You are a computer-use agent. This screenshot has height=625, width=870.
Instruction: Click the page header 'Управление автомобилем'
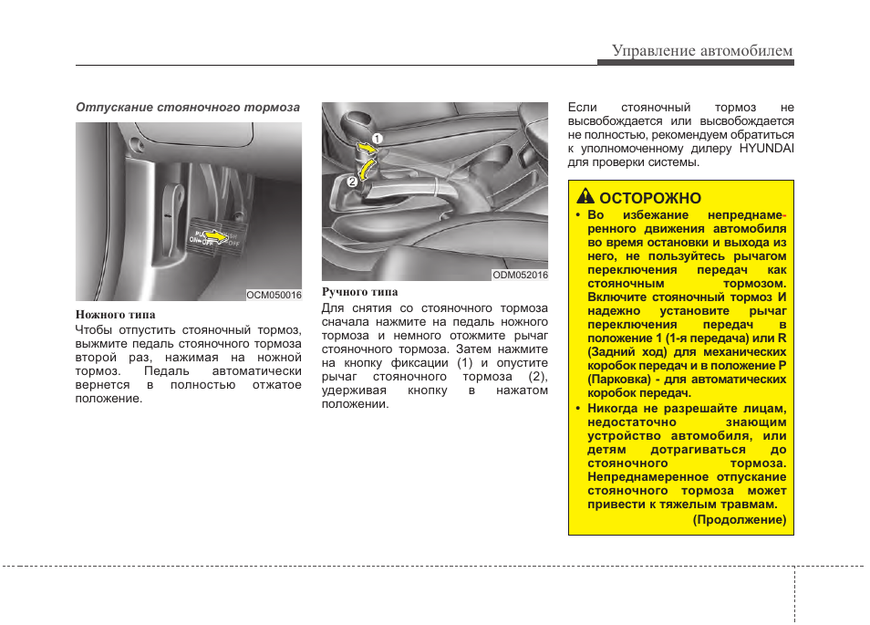702,50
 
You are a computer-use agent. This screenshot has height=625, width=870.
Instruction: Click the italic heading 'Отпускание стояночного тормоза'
187,107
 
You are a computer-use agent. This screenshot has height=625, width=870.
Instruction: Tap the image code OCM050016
274,295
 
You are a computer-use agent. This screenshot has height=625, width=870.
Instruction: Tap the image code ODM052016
520,274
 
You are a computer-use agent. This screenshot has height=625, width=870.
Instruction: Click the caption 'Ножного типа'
115,315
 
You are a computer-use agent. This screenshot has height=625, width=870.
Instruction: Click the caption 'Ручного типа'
359,292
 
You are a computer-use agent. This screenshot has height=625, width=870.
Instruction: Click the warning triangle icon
585,198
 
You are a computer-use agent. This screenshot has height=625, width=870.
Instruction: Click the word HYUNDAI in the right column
766,148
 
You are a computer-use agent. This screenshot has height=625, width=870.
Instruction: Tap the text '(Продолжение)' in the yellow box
739,519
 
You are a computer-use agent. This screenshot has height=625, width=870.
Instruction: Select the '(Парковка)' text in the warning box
619,378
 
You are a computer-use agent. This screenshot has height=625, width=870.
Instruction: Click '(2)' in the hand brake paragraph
538,377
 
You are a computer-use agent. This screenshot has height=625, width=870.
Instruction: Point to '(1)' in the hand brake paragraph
464,363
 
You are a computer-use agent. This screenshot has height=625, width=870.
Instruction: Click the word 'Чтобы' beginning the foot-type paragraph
95,330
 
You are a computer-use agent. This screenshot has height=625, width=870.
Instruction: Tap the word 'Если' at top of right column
582,107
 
